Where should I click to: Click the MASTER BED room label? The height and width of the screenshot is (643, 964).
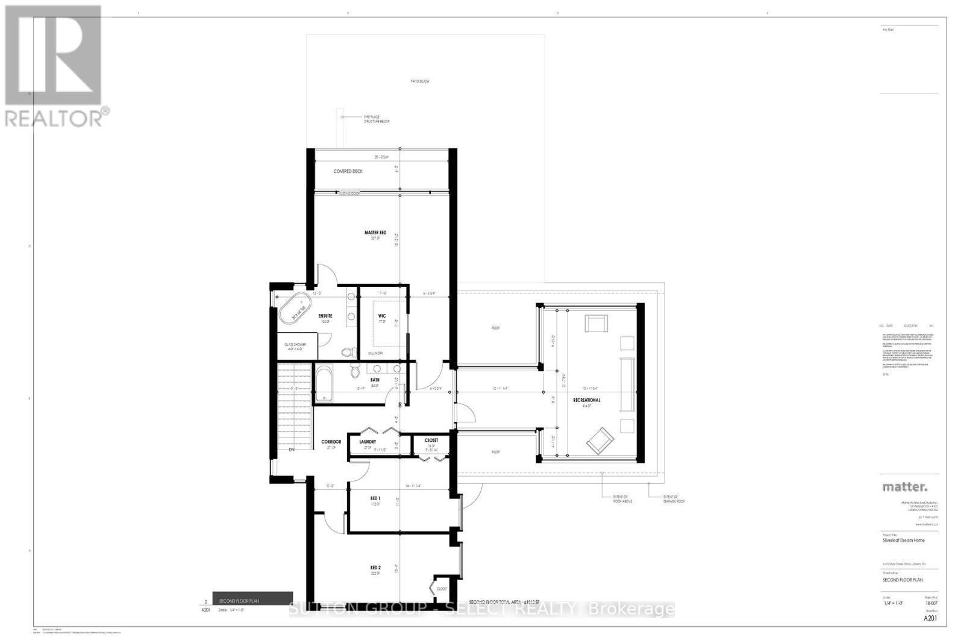(374, 233)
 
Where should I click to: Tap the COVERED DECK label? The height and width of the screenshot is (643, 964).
(348, 172)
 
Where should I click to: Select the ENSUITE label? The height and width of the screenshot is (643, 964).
(325, 316)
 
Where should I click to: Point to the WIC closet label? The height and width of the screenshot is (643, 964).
(382, 316)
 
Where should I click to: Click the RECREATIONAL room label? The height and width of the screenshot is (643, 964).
(586, 400)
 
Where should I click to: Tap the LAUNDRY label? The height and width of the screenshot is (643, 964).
(368, 441)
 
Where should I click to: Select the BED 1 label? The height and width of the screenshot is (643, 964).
(375, 498)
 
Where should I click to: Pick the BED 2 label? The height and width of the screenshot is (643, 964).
(375, 567)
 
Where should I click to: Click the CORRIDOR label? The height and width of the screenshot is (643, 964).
(331, 442)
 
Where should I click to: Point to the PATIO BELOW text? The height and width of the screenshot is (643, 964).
(420, 81)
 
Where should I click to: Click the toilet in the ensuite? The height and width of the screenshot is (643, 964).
(346, 353)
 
